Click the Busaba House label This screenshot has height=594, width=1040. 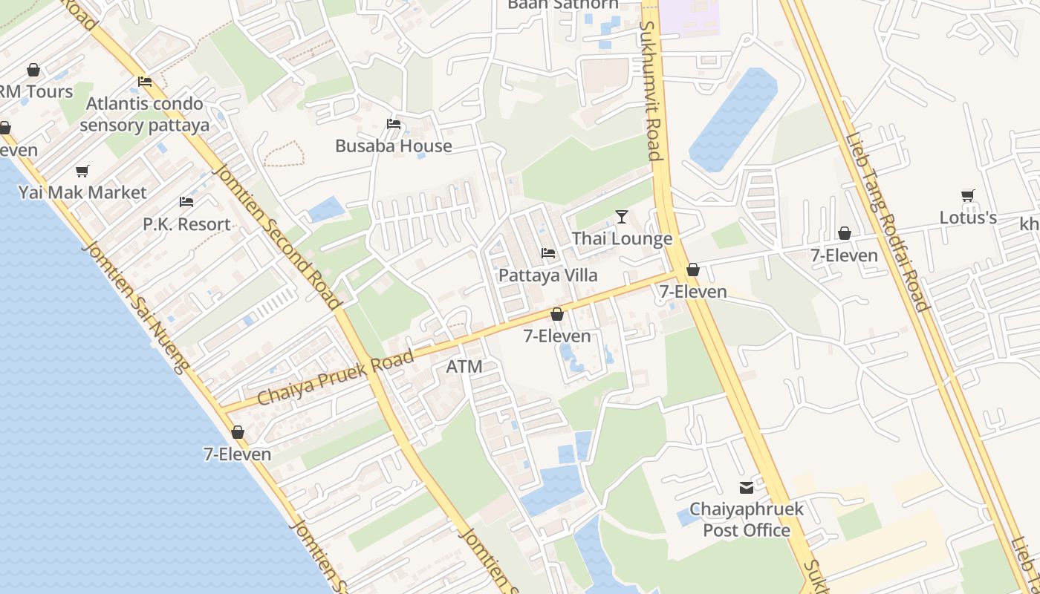[x=394, y=146]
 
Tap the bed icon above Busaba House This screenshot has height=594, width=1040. [x=394, y=123]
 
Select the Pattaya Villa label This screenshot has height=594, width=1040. [x=547, y=275]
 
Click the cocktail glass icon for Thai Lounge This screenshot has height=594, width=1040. [x=622, y=217]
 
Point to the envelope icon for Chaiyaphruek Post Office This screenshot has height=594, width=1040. [x=746, y=488]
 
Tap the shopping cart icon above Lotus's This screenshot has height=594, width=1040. [x=968, y=196]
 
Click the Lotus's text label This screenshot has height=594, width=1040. [x=968, y=218]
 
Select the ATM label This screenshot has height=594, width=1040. [x=464, y=367]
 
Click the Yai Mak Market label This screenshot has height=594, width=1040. [x=82, y=193]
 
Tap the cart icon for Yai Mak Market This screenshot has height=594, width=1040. [x=82, y=172]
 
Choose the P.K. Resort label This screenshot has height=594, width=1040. [x=186, y=224]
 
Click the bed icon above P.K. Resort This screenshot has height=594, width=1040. [x=186, y=202]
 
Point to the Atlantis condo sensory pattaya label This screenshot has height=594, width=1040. [x=145, y=114]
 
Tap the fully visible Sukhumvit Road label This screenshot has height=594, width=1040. [x=650, y=91]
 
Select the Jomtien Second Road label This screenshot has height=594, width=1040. [x=277, y=236]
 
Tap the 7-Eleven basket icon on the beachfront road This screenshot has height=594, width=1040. [x=238, y=432]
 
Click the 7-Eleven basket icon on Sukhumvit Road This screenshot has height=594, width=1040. [x=693, y=270]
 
